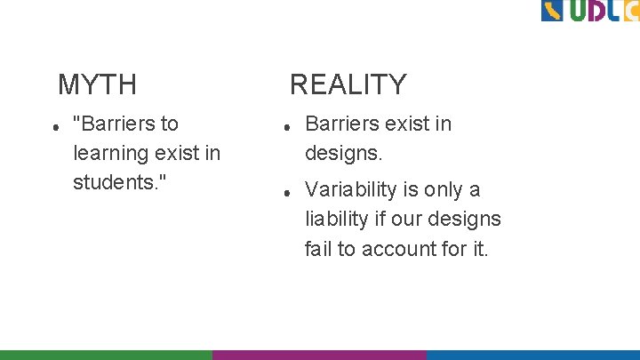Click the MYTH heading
[x=97, y=85]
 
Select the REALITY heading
[x=348, y=85]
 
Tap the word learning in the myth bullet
[x=109, y=153]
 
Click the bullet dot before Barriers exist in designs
[x=286, y=128]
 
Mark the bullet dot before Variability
[x=286, y=193]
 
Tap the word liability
[x=335, y=219]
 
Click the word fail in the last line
[x=318, y=249]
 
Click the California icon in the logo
[x=552, y=11]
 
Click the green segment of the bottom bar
[x=106, y=354]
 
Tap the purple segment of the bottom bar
[x=319, y=354]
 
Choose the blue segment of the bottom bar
[x=532, y=354]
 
